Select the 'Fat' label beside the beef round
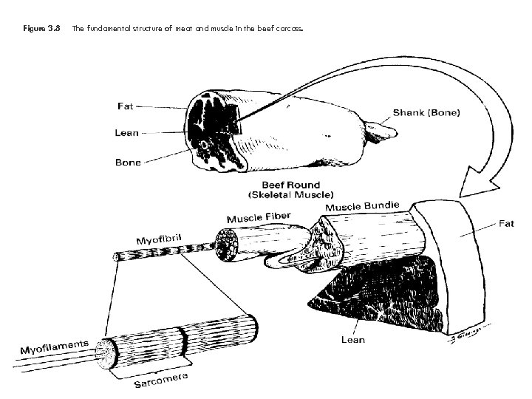tap(127, 106)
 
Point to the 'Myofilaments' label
tap(52, 345)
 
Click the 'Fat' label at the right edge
tap(506, 224)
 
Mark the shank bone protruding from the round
tap(381, 131)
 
